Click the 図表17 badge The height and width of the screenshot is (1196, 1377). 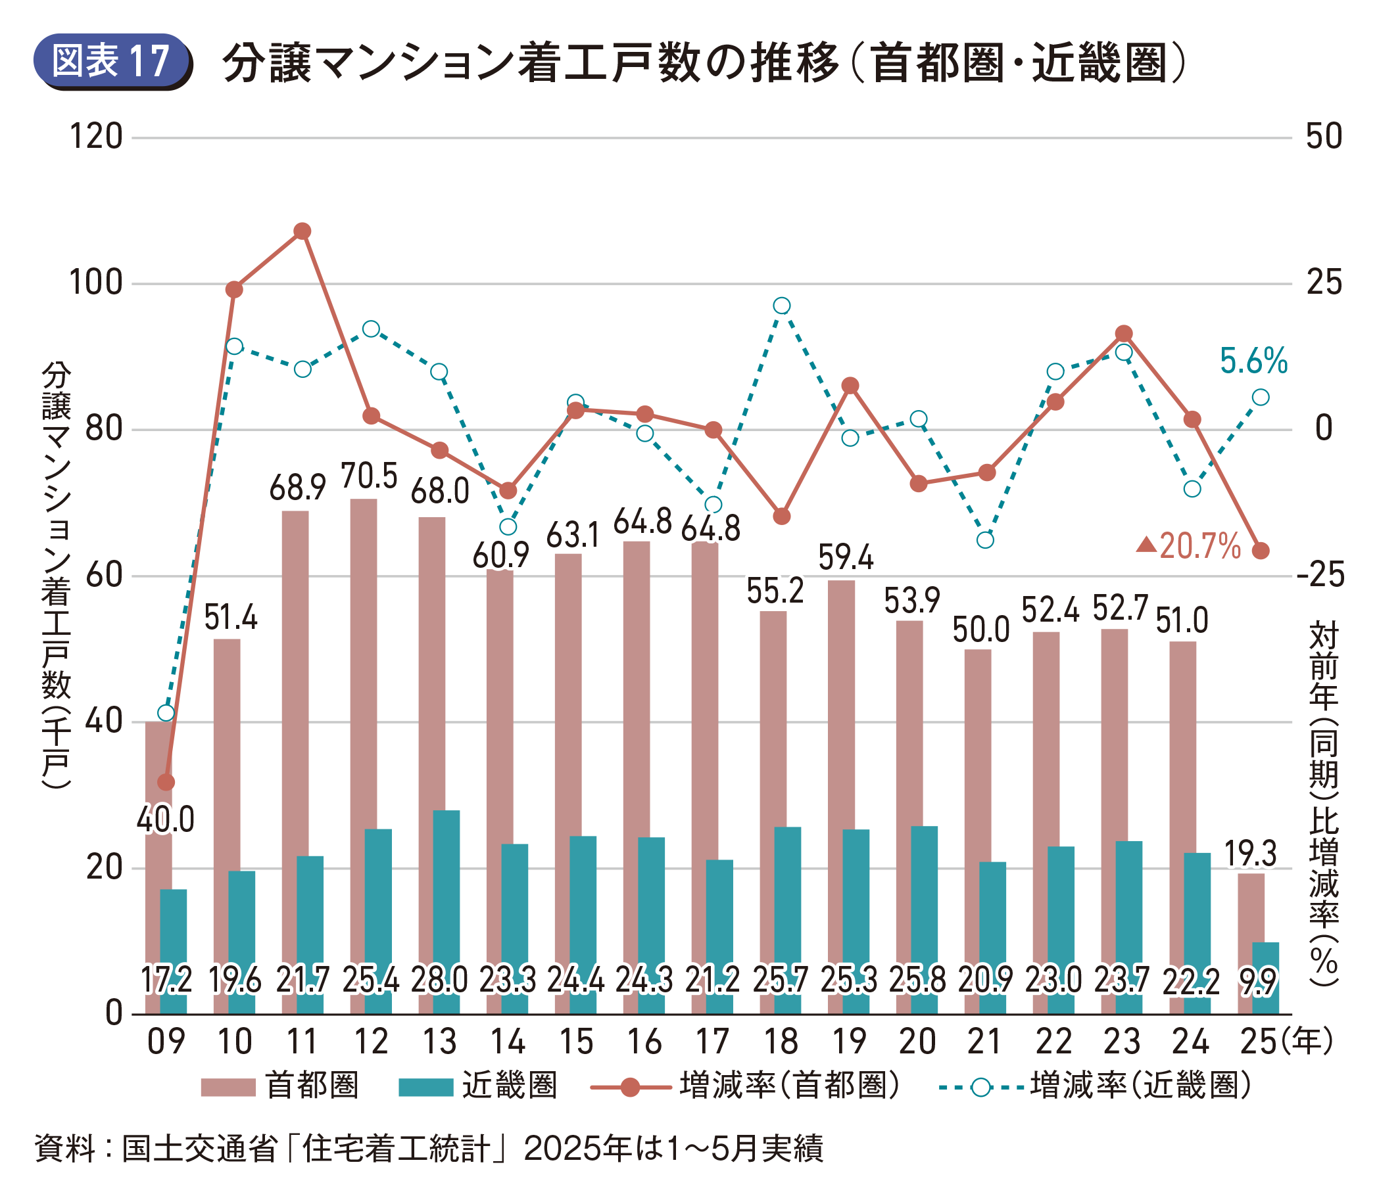[112, 61]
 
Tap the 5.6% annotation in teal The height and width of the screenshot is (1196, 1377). [1253, 361]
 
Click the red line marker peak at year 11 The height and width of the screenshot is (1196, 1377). [302, 231]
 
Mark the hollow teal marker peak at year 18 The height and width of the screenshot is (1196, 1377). [782, 306]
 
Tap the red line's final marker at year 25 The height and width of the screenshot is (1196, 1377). [1261, 551]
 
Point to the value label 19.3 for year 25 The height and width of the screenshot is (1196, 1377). [1250, 854]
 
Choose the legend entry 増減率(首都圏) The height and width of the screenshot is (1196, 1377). [788, 1086]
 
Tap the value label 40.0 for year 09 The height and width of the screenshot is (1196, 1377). [166, 819]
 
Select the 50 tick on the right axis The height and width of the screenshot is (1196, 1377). [1324, 137]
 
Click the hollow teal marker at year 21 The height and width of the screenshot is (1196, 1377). [986, 540]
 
